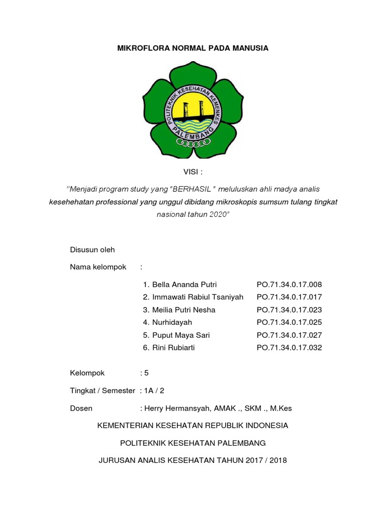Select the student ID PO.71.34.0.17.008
289,285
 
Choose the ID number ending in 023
289,310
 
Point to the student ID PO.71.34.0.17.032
289,347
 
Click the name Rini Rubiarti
175,347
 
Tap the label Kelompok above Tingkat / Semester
87,373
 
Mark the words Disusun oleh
92,249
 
